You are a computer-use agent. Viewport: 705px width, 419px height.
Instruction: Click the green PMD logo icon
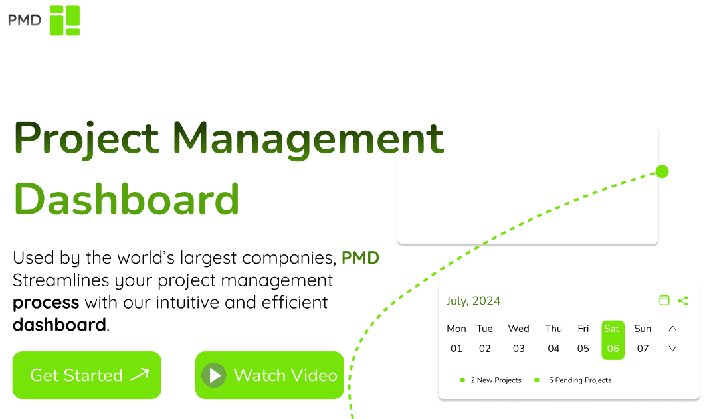pyautogui.click(x=64, y=20)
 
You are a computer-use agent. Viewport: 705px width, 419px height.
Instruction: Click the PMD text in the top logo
pyautogui.click(x=25, y=20)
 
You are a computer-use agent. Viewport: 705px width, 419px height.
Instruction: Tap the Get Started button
pyautogui.click(x=86, y=375)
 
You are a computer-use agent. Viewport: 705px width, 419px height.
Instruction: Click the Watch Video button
pyautogui.click(x=269, y=375)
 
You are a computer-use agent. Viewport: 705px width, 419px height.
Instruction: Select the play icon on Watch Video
pyautogui.click(x=215, y=375)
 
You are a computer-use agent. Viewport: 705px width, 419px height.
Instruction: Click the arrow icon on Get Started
pyautogui.click(x=140, y=375)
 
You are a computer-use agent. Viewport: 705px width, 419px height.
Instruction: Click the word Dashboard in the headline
pyautogui.click(x=126, y=198)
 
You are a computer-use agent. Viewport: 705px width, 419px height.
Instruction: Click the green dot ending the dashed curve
pyautogui.click(x=662, y=172)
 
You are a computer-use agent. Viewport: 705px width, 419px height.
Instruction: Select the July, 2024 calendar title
pyautogui.click(x=473, y=301)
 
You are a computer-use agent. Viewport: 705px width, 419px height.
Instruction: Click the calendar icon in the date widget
pyautogui.click(x=664, y=301)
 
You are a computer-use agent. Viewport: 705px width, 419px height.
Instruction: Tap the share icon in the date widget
pyautogui.click(x=683, y=301)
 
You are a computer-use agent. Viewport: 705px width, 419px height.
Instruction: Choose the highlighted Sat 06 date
pyautogui.click(x=613, y=340)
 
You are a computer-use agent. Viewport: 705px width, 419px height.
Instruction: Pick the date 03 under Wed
pyautogui.click(x=518, y=348)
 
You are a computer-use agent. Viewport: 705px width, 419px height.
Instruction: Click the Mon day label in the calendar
pyautogui.click(x=456, y=329)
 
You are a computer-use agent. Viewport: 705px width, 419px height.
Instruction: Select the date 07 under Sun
pyautogui.click(x=643, y=348)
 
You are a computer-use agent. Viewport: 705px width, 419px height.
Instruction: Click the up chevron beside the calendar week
pyautogui.click(x=672, y=329)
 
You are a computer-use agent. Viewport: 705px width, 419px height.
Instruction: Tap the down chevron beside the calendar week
pyautogui.click(x=672, y=348)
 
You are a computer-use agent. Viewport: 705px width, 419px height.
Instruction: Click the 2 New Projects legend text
pyautogui.click(x=496, y=380)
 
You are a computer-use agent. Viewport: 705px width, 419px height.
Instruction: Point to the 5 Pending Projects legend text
pyautogui.click(x=579, y=380)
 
